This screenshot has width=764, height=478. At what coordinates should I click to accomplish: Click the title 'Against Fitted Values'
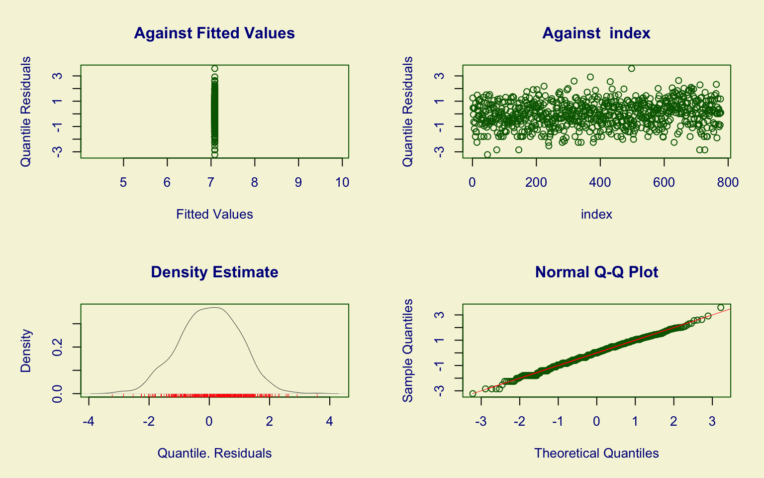tap(214, 33)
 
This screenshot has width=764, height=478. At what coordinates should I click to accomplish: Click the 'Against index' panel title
tap(596, 33)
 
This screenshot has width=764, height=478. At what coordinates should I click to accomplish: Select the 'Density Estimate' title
tap(214, 272)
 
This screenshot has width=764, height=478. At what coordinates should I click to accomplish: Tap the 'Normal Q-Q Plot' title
tap(596, 272)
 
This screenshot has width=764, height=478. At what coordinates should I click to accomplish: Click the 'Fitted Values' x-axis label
tap(214, 214)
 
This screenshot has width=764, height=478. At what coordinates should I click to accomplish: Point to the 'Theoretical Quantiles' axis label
tap(596, 453)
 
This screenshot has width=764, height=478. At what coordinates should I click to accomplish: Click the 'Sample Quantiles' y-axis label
tap(408, 351)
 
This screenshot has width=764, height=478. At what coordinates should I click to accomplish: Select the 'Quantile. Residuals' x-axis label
tap(214, 453)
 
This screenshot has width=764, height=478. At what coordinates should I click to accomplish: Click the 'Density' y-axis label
tap(26, 351)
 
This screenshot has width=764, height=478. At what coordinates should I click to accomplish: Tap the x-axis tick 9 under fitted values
tap(298, 183)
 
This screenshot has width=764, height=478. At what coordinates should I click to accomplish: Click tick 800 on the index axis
tap(728, 183)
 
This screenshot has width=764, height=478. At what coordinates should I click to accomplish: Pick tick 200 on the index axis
tap(536, 183)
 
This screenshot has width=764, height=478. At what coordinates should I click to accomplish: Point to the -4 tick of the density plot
tap(89, 422)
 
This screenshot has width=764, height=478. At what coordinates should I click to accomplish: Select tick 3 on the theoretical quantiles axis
tap(712, 422)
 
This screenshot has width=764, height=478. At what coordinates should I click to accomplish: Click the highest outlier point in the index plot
tap(631, 69)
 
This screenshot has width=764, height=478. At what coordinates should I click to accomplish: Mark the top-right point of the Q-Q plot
tap(721, 307)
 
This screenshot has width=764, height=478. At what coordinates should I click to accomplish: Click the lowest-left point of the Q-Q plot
tap(473, 394)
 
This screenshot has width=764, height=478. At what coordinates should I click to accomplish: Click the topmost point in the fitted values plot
tap(214, 69)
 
